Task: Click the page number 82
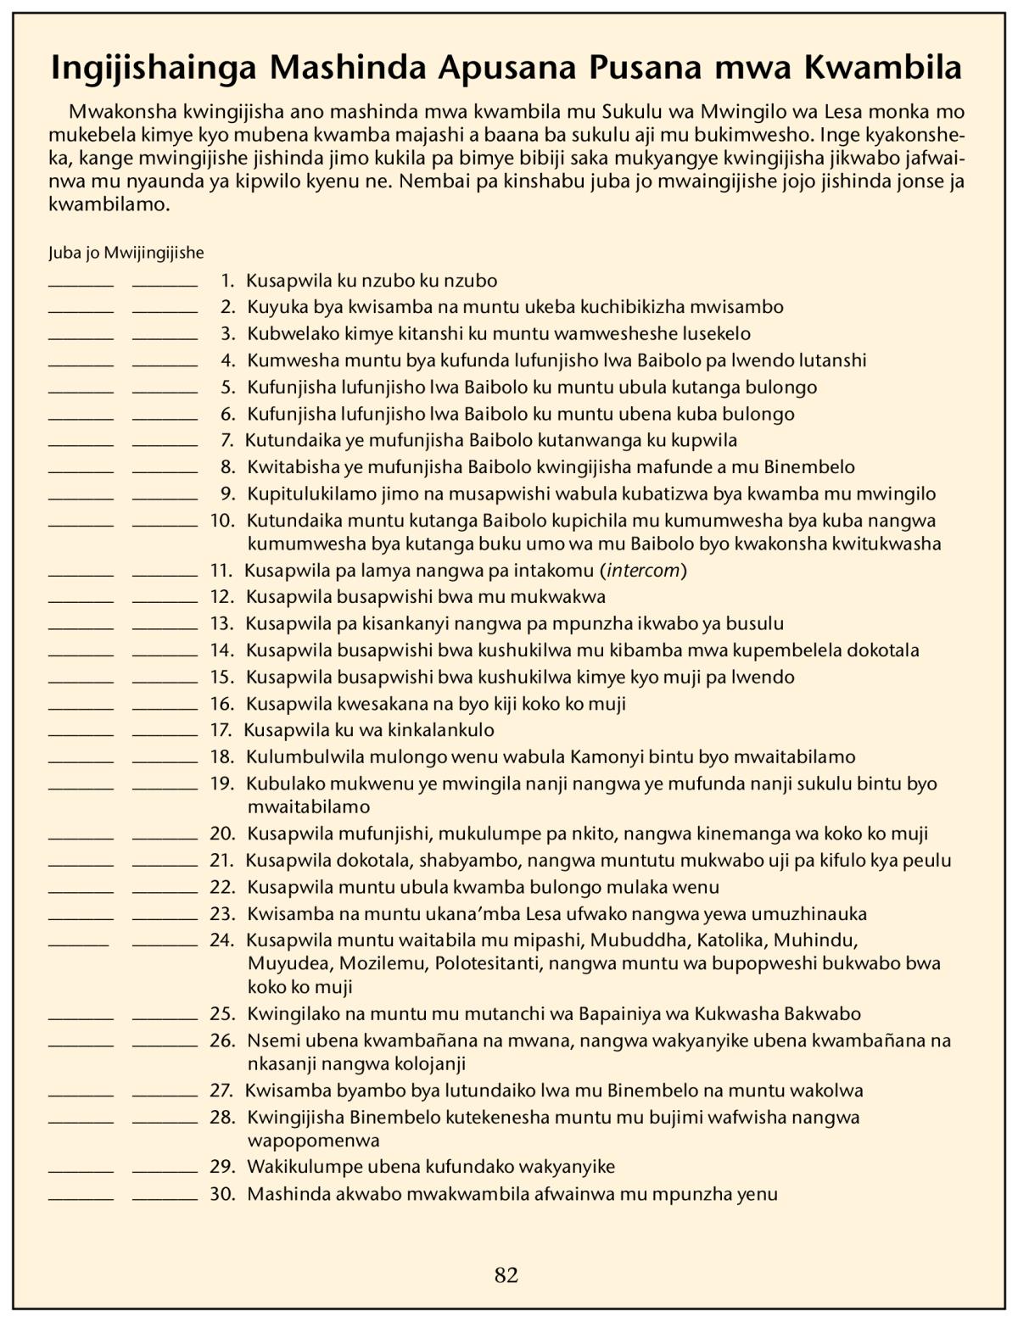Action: click(506, 1275)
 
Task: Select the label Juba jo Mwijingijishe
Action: click(126, 253)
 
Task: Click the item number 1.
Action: click(227, 281)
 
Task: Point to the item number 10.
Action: click(222, 521)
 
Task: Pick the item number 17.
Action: click(221, 730)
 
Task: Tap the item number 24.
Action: click(222, 940)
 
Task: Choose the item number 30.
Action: click(222, 1195)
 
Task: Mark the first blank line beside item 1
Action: click(81, 286)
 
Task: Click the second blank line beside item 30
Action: click(165, 1200)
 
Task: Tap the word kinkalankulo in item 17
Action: click(442, 730)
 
